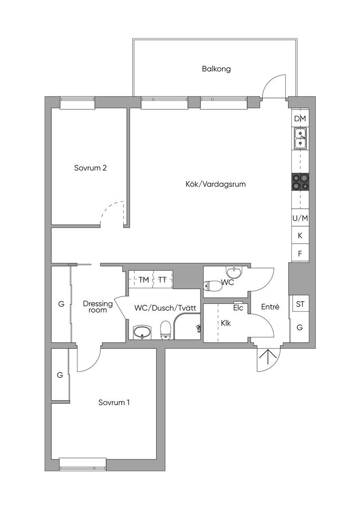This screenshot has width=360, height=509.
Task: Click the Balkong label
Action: click(216, 69)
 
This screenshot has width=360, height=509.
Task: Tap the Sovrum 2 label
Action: click(90, 168)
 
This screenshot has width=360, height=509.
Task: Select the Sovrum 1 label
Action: click(114, 403)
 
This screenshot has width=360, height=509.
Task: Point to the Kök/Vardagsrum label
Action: click(215, 184)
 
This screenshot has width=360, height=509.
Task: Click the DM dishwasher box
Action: click(300, 119)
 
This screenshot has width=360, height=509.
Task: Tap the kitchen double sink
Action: click(300, 138)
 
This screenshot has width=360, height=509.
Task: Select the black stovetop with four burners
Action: click(300, 182)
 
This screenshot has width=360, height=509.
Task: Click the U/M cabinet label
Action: click(300, 219)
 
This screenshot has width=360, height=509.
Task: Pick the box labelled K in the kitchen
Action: click(300, 236)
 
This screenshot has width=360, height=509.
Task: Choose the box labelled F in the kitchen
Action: click(300, 253)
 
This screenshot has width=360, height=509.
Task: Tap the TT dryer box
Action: click(163, 279)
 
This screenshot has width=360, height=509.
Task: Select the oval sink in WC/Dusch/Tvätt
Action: click(142, 332)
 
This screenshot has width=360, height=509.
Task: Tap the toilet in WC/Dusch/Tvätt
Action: click(166, 330)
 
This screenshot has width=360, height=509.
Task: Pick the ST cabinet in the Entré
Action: click(300, 304)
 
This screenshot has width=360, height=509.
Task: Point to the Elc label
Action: click(238, 308)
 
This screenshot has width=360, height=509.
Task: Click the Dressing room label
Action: click(98, 307)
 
